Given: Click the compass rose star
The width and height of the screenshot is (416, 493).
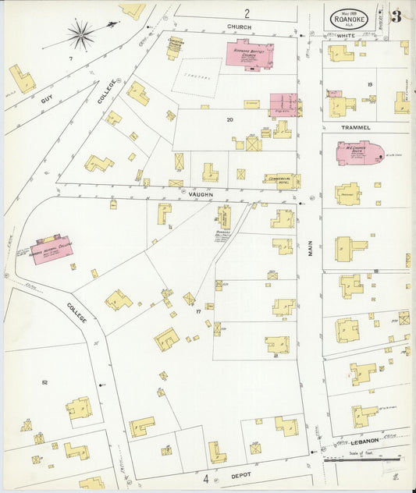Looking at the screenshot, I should [x=80, y=34].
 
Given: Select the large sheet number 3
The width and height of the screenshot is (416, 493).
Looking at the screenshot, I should [x=396, y=16].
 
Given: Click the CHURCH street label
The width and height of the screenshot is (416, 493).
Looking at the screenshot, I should [x=238, y=27].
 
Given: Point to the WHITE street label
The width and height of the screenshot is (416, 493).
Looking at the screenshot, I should [x=346, y=37].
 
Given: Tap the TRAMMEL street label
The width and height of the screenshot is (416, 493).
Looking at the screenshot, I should [x=355, y=127].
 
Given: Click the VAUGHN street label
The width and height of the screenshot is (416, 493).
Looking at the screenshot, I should [x=201, y=194].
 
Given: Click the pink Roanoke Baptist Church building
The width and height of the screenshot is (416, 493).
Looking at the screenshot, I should [x=250, y=55].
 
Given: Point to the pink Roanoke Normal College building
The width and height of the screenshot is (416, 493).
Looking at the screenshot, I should [x=52, y=250].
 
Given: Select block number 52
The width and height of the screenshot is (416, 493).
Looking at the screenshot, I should [x=44, y=382].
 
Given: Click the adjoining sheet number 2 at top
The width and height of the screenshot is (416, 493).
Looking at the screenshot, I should [x=247, y=12].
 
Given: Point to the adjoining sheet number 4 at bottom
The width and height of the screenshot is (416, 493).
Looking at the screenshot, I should [x=207, y=478].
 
